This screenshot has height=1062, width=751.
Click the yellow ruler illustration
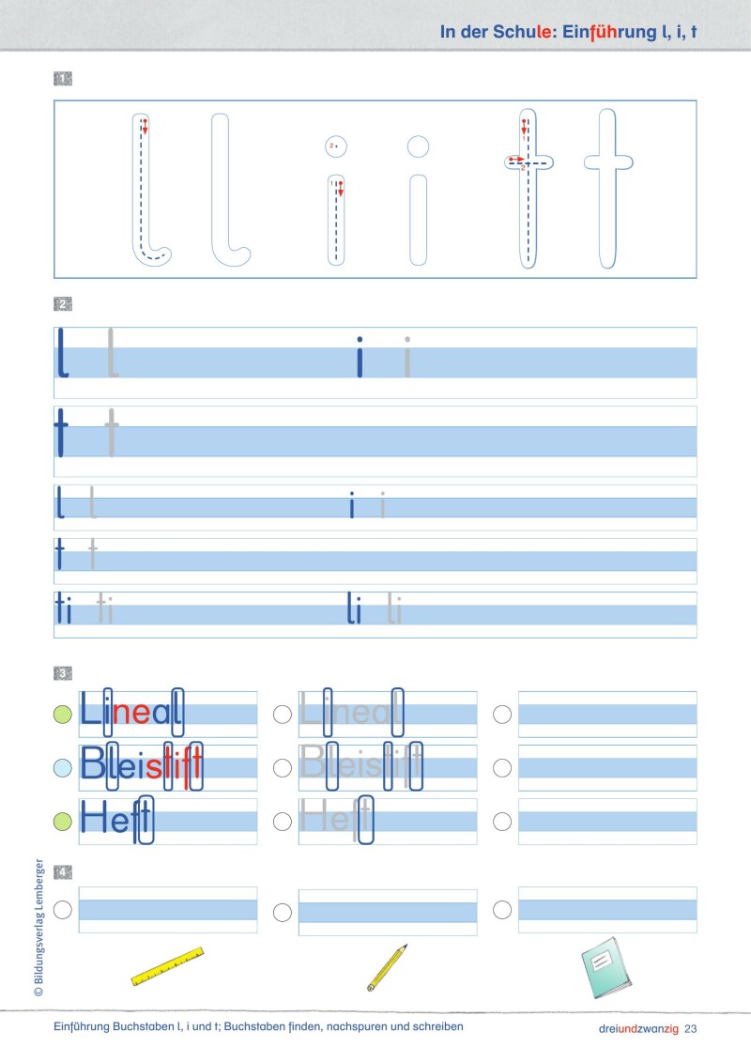(168, 967)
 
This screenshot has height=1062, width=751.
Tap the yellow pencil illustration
(387, 967)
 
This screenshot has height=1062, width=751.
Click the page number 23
(692, 1028)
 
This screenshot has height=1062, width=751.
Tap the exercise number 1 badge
(64, 79)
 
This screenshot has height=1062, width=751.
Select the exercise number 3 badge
(64, 673)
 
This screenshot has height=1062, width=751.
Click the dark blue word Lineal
(131, 715)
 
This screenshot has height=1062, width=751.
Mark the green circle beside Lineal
(63, 715)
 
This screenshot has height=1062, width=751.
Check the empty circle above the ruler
(63, 909)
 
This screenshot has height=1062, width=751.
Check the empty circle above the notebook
(502, 909)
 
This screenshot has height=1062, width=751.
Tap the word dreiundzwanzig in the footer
(637, 1028)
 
